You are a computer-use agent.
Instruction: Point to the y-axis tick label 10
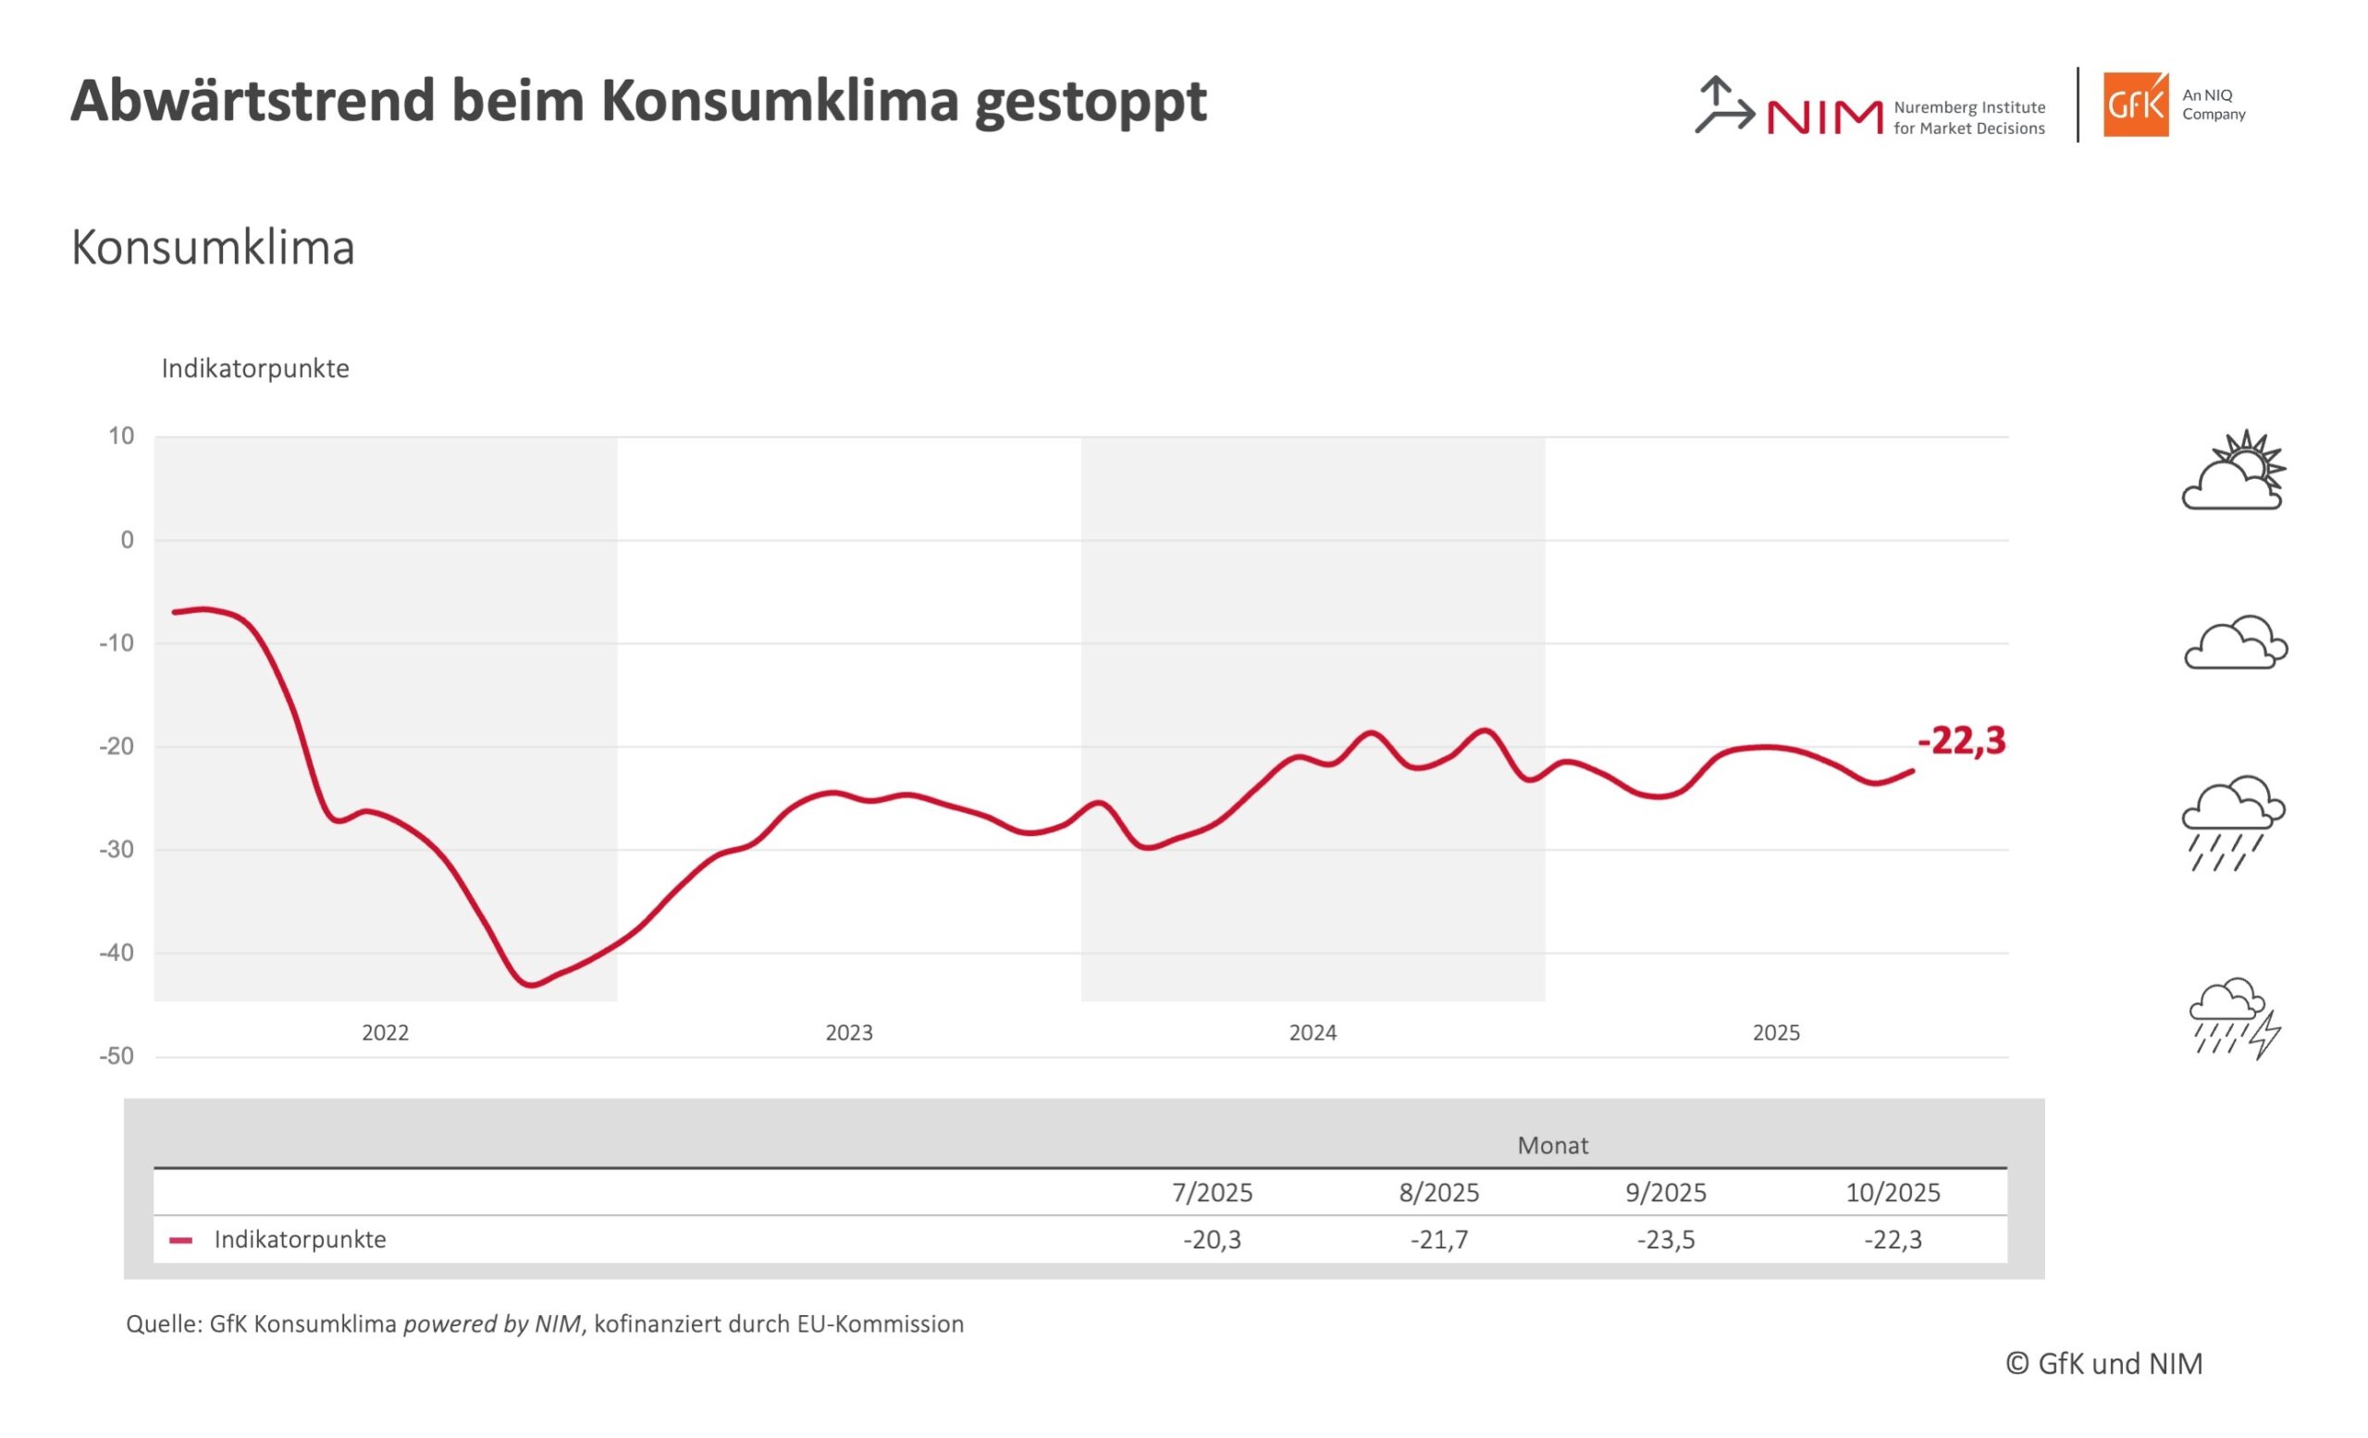click(121, 436)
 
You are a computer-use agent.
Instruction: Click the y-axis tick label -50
click(117, 1057)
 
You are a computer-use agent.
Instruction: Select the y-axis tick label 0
click(127, 540)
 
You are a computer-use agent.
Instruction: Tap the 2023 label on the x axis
click(848, 1033)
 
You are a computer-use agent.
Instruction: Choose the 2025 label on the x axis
click(1776, 1033)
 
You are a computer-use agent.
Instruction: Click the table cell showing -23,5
click(1666, 1240)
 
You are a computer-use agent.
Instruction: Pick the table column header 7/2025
click(1212, 1193)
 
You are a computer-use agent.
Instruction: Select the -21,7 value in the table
click(1438, 1240)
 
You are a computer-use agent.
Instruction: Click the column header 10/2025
click(1893, 1193)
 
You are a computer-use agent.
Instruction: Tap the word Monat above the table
click(1552, 1145)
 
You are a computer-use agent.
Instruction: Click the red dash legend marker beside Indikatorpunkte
click(180, 1240)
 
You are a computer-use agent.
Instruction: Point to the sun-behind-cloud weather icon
click(2235, 471)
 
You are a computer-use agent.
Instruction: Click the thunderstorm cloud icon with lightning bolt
click(2235, 1018)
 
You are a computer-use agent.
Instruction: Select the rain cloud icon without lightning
click(2233, 822)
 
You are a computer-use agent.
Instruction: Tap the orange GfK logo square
click(2136, 104)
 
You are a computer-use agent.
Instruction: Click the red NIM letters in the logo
click(1824, 117)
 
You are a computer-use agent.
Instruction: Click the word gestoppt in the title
click(1091, 102)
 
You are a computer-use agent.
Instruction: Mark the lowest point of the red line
click(532, 986)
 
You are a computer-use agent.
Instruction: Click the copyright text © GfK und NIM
click(2103, 1364)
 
